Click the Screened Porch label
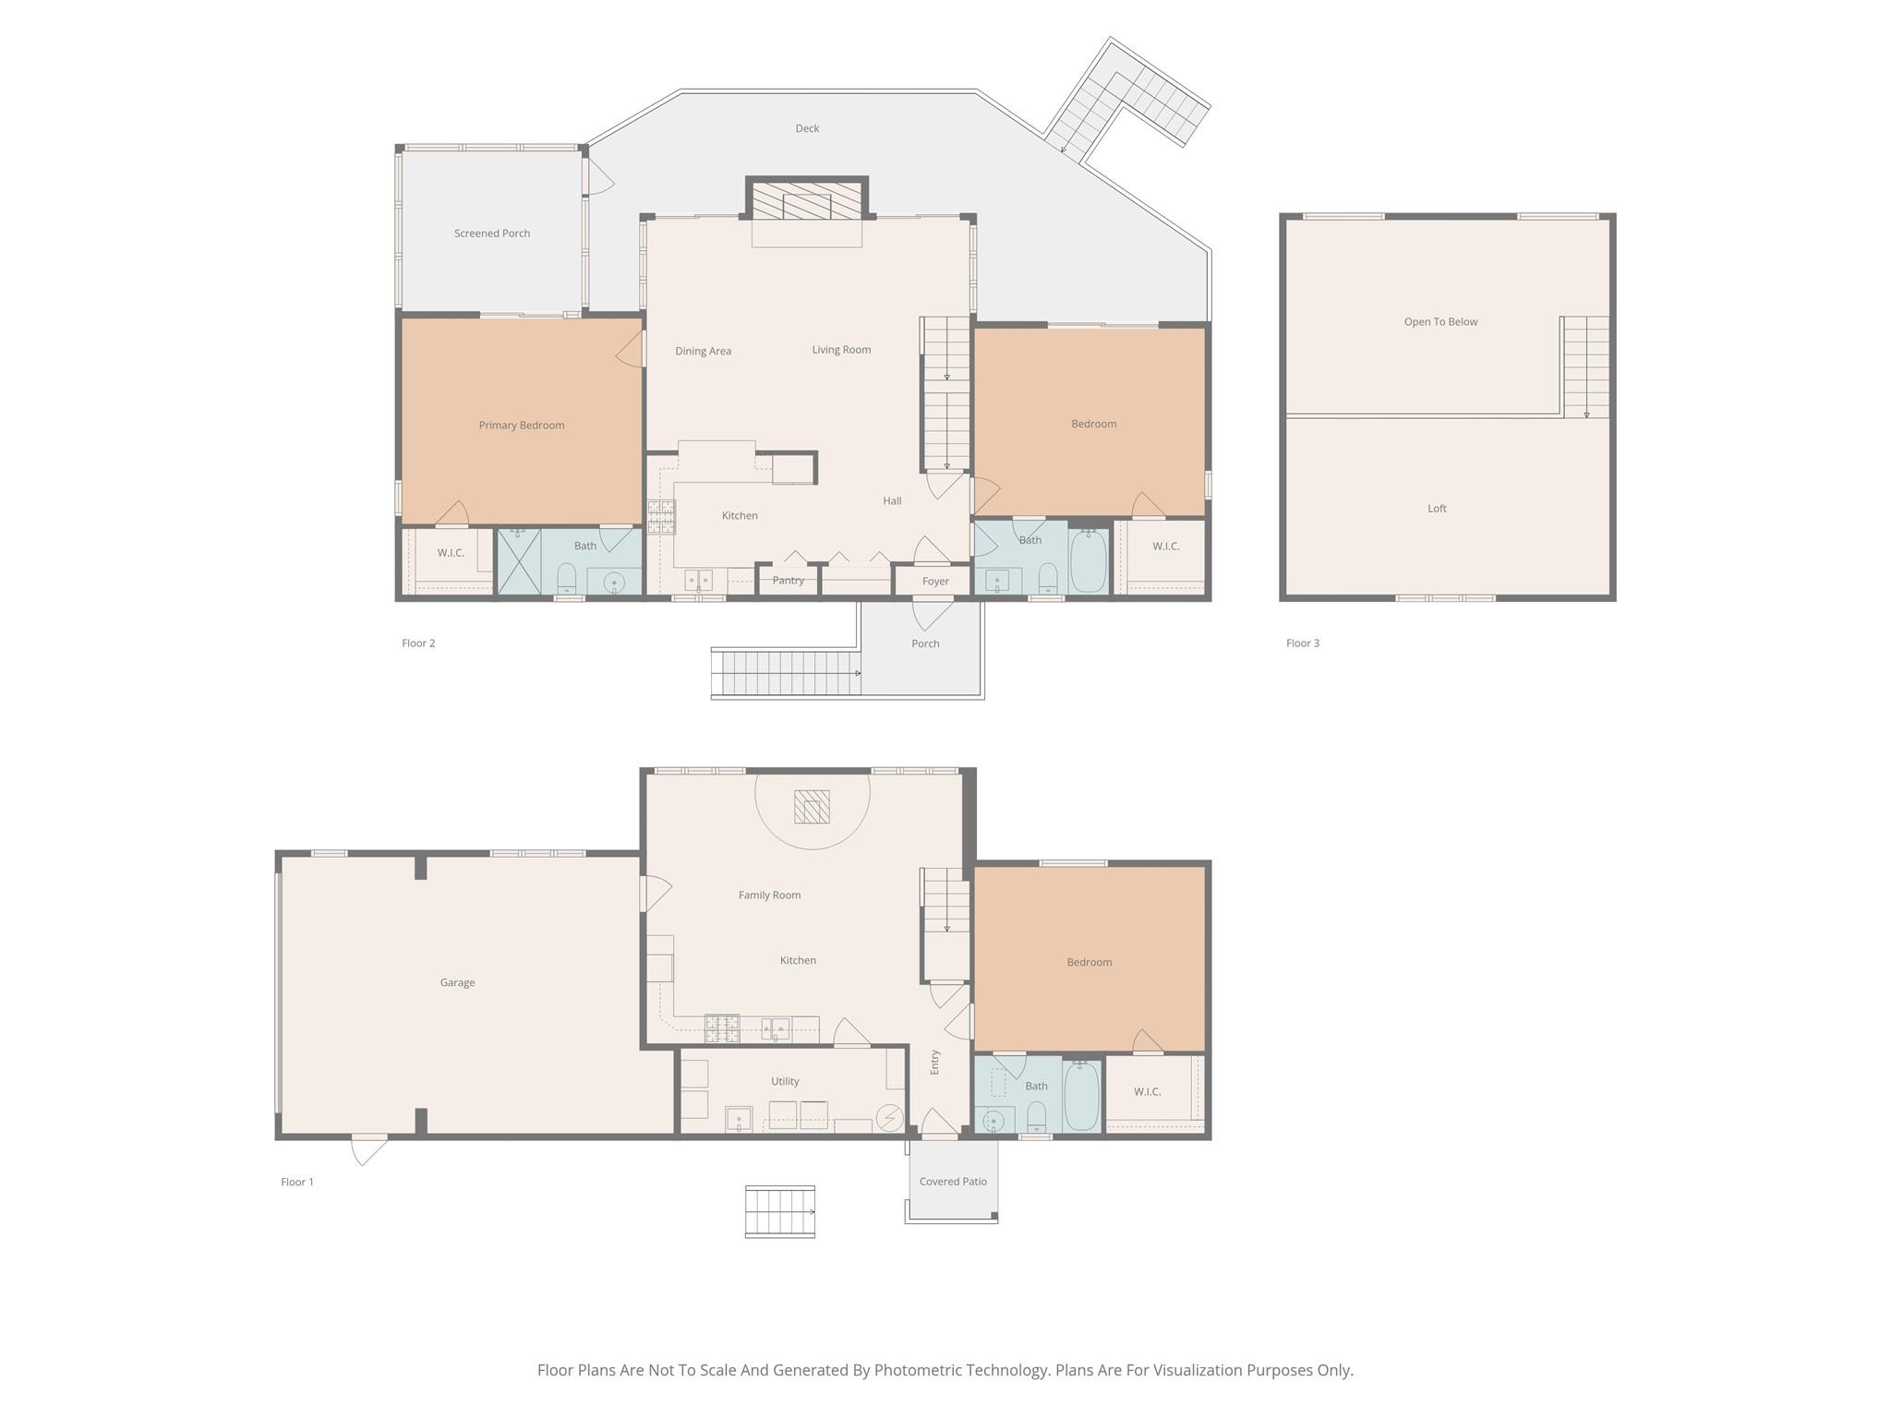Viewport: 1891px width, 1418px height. click(x=492, y=234)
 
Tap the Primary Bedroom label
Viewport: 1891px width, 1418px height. click(x=522, y=426)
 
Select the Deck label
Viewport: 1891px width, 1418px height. click(x=807, y=128)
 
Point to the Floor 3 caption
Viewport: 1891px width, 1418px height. click(x=1303, y=643)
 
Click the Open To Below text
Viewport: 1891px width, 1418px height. click(x=1440, y=322)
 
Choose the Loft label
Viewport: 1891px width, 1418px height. click(x=1437, y=509)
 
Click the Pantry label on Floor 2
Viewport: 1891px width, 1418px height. click(x=789, y=581)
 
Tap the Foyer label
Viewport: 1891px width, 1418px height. click(x=935, y=582)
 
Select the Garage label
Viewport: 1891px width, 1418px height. click(x=457, y=983)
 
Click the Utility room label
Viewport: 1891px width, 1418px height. click(x=785, y=1082)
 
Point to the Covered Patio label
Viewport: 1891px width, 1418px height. click(x=953, y=1182)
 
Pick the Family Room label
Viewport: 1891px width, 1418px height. click(x=769, y=895)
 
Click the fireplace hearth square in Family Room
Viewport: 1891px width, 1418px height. click(x=812, y=808)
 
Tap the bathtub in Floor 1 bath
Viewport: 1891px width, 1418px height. click(x=1081, y=1097)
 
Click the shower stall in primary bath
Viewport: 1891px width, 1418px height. click(x=519, y=561)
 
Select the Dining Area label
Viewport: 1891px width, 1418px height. click(x=703, y=352)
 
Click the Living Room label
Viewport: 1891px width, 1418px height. click(x=841, y=350)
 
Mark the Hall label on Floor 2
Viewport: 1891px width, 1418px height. click(x=892, y=501)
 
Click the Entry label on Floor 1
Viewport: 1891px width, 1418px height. click(x=934, y=1062)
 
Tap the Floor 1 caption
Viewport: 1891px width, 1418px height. click(x=297, y=1183)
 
